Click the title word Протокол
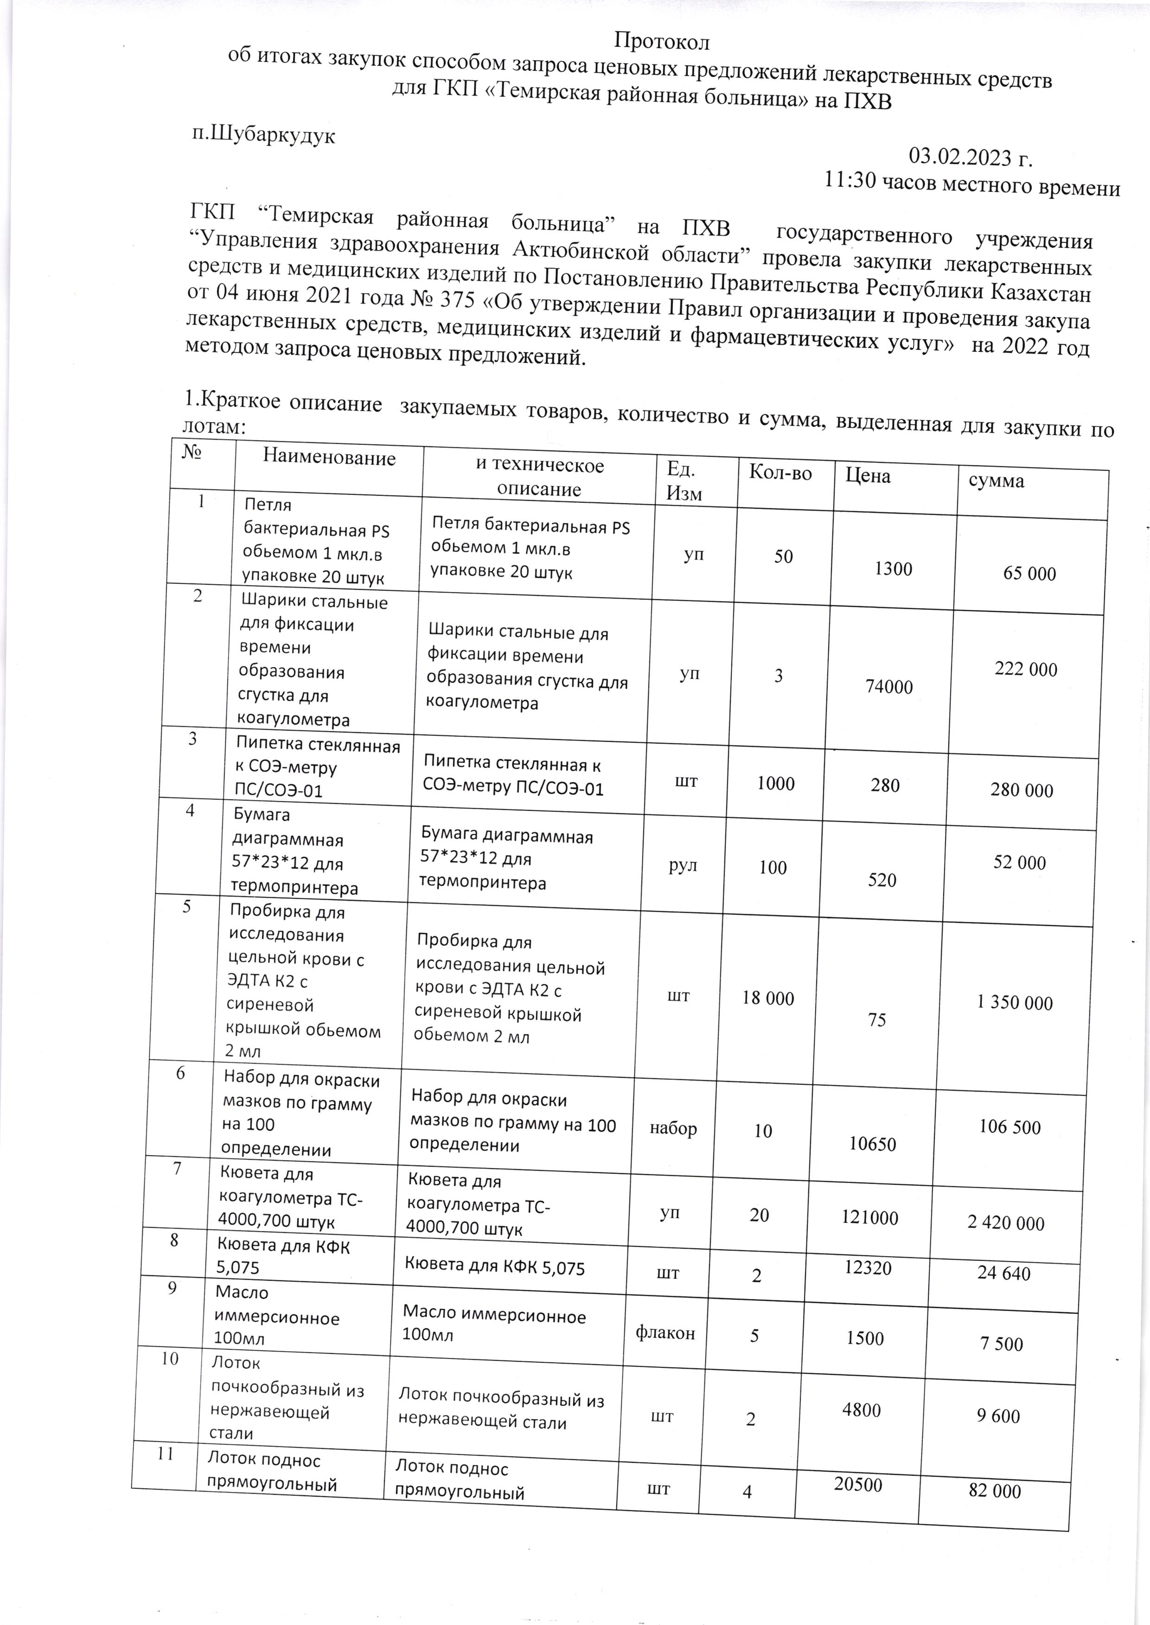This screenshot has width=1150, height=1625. [x=661, y=42]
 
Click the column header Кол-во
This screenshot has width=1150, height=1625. [x=780, y=474]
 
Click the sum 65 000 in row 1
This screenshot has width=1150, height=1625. [x=1029, y=573]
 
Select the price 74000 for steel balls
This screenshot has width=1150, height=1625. [x=889, y=687]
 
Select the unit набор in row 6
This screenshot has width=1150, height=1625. [x=673, y=1129]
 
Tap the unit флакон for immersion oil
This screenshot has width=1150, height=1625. [x=665, y=1334]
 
